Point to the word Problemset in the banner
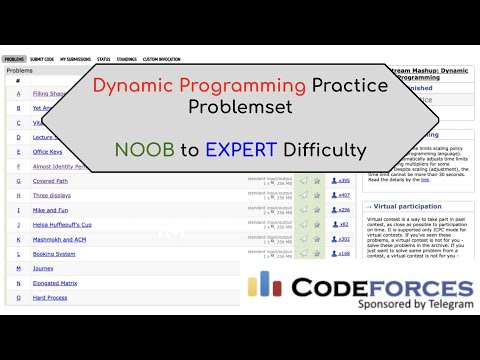pyautogui.click(x=240, y=106)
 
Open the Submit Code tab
pyautogui.click(x=43, y=59)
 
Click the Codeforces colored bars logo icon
pyautogui.click(x=263, y=284)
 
